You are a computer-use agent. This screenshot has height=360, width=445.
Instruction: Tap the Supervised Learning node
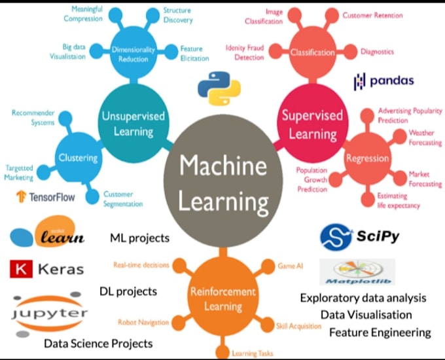(311, 124)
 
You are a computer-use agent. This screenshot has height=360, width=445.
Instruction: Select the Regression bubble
(367, 158)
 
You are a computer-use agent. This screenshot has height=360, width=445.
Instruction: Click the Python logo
(219, 89)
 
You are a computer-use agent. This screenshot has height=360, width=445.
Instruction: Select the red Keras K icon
(22, 269)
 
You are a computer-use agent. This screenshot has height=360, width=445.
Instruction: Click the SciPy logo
(359, 236)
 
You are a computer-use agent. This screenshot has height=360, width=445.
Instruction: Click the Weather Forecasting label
(425, 137)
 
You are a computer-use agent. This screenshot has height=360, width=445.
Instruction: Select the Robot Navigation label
(143, 322)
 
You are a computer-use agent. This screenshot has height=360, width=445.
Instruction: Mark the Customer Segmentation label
(122, 199)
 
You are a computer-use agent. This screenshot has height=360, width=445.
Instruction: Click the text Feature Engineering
(380, 333)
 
